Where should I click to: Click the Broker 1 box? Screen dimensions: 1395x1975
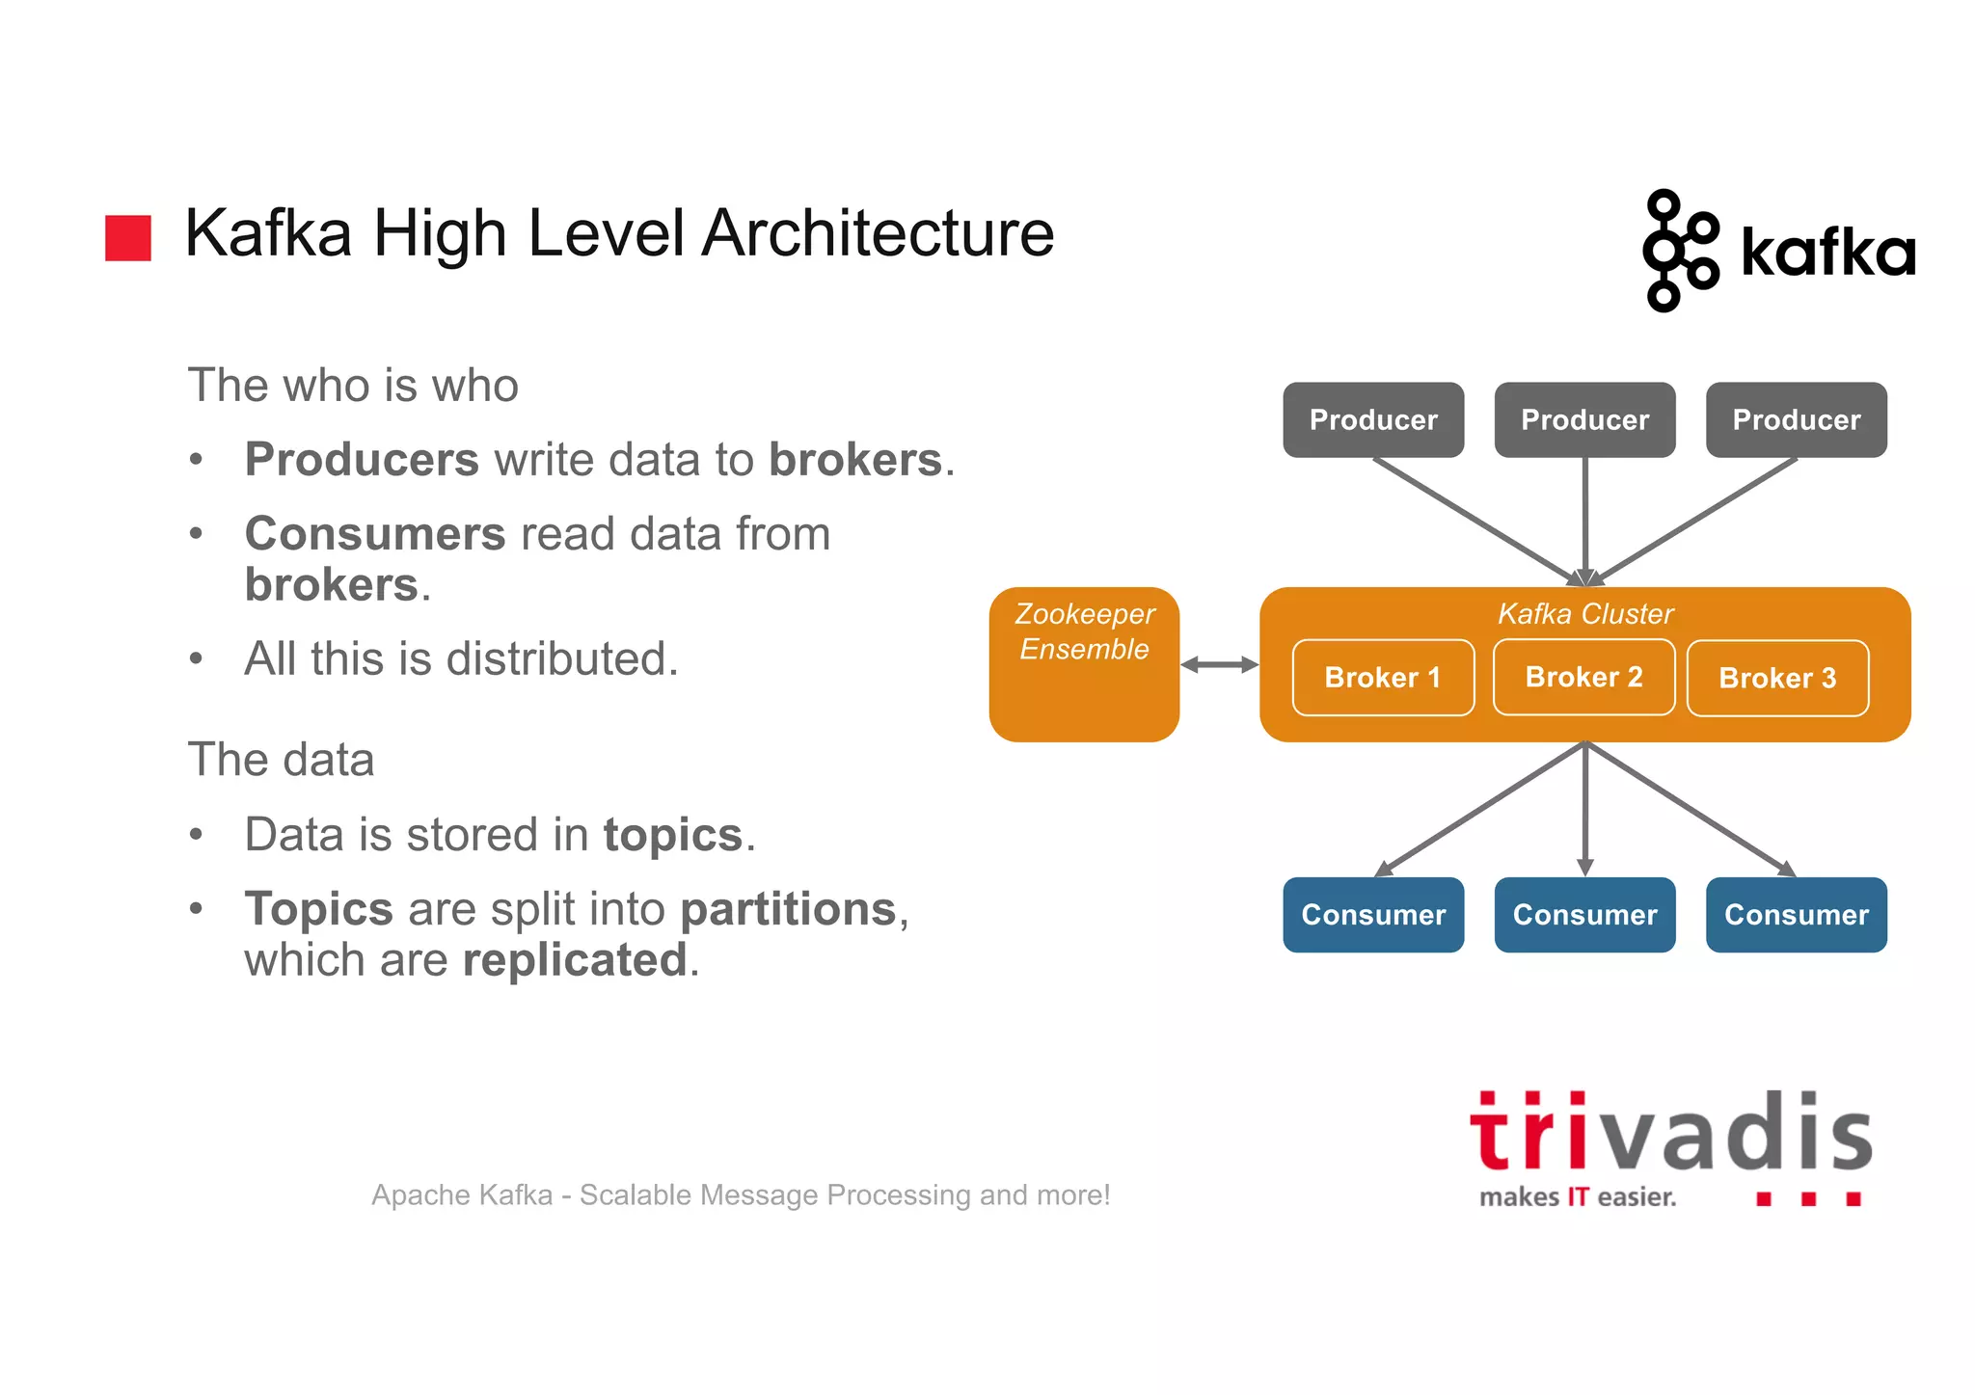1382,678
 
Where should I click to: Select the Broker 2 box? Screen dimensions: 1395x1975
1583,677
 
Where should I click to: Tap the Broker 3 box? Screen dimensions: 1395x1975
1776,679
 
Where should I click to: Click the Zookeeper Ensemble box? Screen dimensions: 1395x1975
1084,665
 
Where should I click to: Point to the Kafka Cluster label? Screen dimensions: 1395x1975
1584,614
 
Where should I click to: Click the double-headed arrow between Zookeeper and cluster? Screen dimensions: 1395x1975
1219,664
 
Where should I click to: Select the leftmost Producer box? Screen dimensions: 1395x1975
1373,420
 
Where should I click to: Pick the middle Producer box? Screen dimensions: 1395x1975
1584,420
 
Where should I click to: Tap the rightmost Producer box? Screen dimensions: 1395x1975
1796,420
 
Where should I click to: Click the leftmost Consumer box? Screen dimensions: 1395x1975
1373,915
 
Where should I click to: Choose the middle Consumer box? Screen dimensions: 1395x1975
1584,915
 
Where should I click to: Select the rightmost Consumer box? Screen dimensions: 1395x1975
1796,915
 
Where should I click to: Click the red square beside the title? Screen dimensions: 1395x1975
128,238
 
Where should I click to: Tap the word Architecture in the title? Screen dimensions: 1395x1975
878,234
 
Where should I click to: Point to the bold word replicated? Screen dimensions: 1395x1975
575,960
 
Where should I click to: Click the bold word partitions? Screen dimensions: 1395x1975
789,909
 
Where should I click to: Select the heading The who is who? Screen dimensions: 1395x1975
353,386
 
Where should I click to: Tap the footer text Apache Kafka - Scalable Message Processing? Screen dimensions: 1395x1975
741,1195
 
